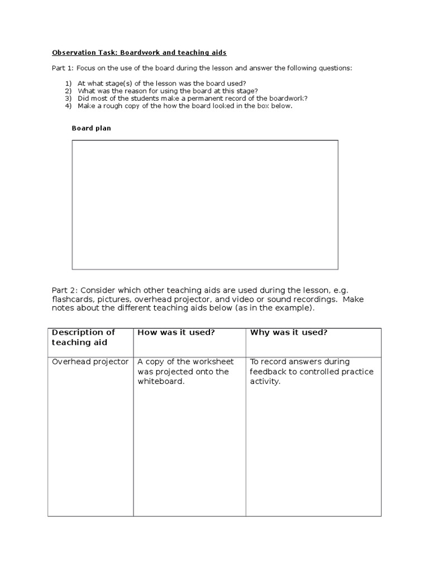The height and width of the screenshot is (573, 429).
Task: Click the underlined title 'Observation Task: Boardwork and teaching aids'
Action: click(139, 53)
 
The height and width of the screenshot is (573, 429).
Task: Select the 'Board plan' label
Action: click(91, 128)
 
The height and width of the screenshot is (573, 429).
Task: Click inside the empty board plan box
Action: click(204, 204)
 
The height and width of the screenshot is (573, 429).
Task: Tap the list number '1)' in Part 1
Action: click(68, 83)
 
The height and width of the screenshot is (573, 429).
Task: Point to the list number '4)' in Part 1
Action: click(68, 106)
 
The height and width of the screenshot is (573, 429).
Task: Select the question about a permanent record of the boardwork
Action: click(192, 98)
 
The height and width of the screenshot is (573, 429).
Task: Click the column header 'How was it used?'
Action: click(176, 332)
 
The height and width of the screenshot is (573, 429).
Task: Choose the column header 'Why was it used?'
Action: click(288, 332)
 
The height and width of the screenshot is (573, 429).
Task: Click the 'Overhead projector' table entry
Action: click(90, 361)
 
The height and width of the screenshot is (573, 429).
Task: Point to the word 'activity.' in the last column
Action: click(265, 382)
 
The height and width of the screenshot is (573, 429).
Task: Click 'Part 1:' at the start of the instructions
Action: click(65, 68)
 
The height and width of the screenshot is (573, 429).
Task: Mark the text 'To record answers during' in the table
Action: click(299, 361)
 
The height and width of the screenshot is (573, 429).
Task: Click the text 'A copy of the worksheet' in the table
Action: click(185, 361)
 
